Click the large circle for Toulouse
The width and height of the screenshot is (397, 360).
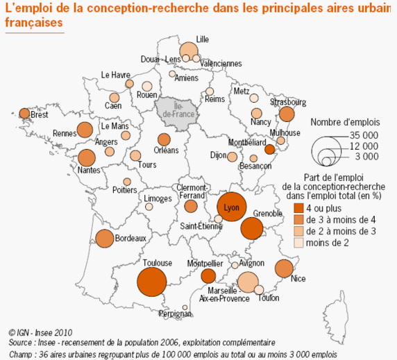point(151,282)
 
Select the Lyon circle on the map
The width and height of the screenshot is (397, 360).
point(232,207)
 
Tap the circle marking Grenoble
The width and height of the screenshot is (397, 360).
point(252,228)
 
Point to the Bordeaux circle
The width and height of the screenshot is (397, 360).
point(103,238)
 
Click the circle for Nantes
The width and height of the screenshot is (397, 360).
point(86,158)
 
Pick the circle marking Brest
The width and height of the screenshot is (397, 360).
point(24,113)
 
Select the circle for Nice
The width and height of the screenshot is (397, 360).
point(283,268)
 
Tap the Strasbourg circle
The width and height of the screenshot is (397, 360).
point(288,114)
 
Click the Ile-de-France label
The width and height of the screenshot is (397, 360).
point(177,110)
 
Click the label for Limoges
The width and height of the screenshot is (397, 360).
point(158,199)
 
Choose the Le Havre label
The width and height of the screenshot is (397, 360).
point(115,75)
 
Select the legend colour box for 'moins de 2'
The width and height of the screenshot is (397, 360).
point(299,243)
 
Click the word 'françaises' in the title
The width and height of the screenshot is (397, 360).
point(34,22)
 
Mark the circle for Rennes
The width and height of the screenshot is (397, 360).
point(85,130)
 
